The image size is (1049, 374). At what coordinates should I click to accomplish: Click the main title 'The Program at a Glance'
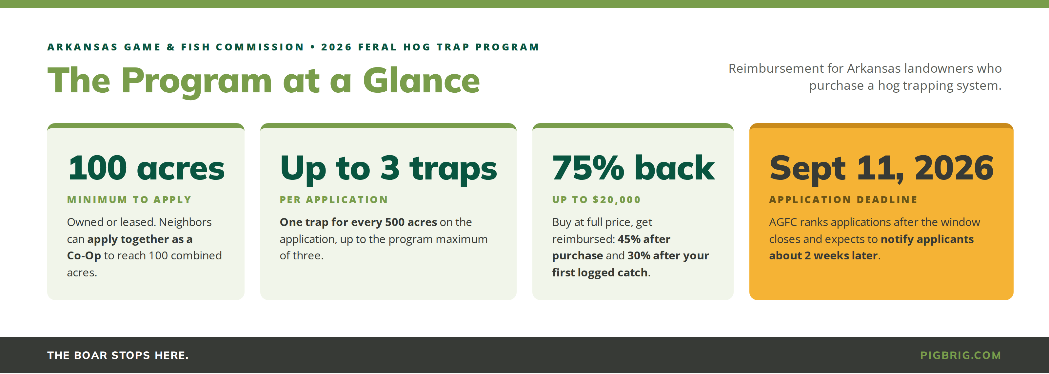coord(264,81)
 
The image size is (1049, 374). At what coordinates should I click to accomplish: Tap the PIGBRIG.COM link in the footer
coord(960,355)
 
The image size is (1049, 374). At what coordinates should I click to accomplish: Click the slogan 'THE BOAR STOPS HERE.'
coord(118,355)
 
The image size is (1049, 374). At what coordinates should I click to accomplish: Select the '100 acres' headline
coord(146,168)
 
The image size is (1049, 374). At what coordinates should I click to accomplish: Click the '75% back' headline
coord(633,168)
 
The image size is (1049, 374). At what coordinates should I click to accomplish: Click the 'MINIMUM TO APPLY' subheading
coord(129,200)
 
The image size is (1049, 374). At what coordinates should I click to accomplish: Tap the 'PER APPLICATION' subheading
coord(333,200)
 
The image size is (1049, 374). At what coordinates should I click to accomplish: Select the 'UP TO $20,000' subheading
coord(596,200)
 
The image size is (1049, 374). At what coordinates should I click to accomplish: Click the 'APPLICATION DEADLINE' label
coord(843,200)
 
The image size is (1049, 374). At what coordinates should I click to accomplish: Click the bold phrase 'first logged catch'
coord(600,273)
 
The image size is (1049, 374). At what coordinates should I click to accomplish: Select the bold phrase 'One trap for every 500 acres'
coord(358,222)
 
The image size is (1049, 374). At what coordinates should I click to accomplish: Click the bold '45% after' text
coord(644,239)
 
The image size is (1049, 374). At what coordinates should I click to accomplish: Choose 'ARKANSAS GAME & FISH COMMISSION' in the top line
coord(175,47)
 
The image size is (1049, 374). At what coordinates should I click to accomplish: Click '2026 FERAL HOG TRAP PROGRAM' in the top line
coord(430,47)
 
